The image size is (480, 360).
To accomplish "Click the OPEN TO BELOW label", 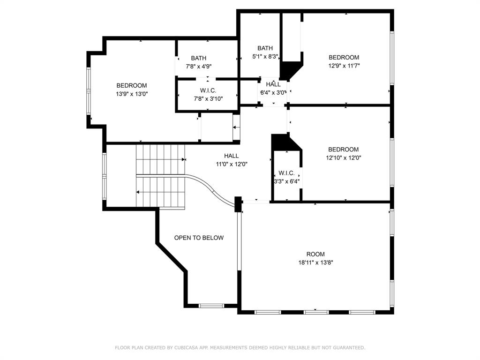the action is [199, 238].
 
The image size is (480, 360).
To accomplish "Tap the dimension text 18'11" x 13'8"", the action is [315, 262].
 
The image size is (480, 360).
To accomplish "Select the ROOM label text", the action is [315, 254].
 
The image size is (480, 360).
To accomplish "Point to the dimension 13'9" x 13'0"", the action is [132, 94].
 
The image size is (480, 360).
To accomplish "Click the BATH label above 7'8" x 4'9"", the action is [199, 58].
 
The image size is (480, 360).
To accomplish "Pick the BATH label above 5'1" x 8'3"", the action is [265, 48].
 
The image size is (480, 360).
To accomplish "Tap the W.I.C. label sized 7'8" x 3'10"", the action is [208, 90].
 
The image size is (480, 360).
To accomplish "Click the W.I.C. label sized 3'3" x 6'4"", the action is [287, 173].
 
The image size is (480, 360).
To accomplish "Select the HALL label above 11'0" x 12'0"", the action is [232, 156].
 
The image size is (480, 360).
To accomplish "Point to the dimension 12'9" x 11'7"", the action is [344, 66].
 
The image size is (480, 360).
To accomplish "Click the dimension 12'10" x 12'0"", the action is [344, 157].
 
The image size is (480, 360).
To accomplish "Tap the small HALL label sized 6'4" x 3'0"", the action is [273, 84].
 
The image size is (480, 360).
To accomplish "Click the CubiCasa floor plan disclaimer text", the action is [240, 347].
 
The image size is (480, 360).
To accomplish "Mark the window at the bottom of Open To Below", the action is [211, 306].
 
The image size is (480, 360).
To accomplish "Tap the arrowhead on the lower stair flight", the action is [138, 192].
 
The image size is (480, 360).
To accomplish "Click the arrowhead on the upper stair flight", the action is [184, 159].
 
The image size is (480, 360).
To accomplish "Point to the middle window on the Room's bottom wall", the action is [316, 312].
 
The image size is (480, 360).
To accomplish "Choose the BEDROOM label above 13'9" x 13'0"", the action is [132, 85].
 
